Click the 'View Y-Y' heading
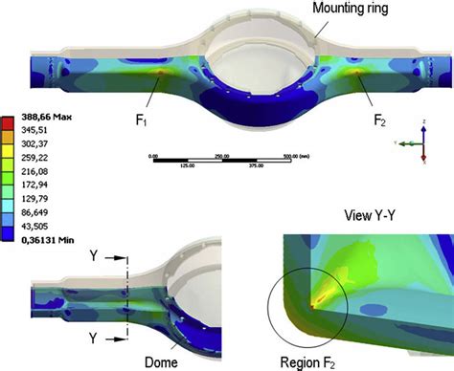tap(370, 212)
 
